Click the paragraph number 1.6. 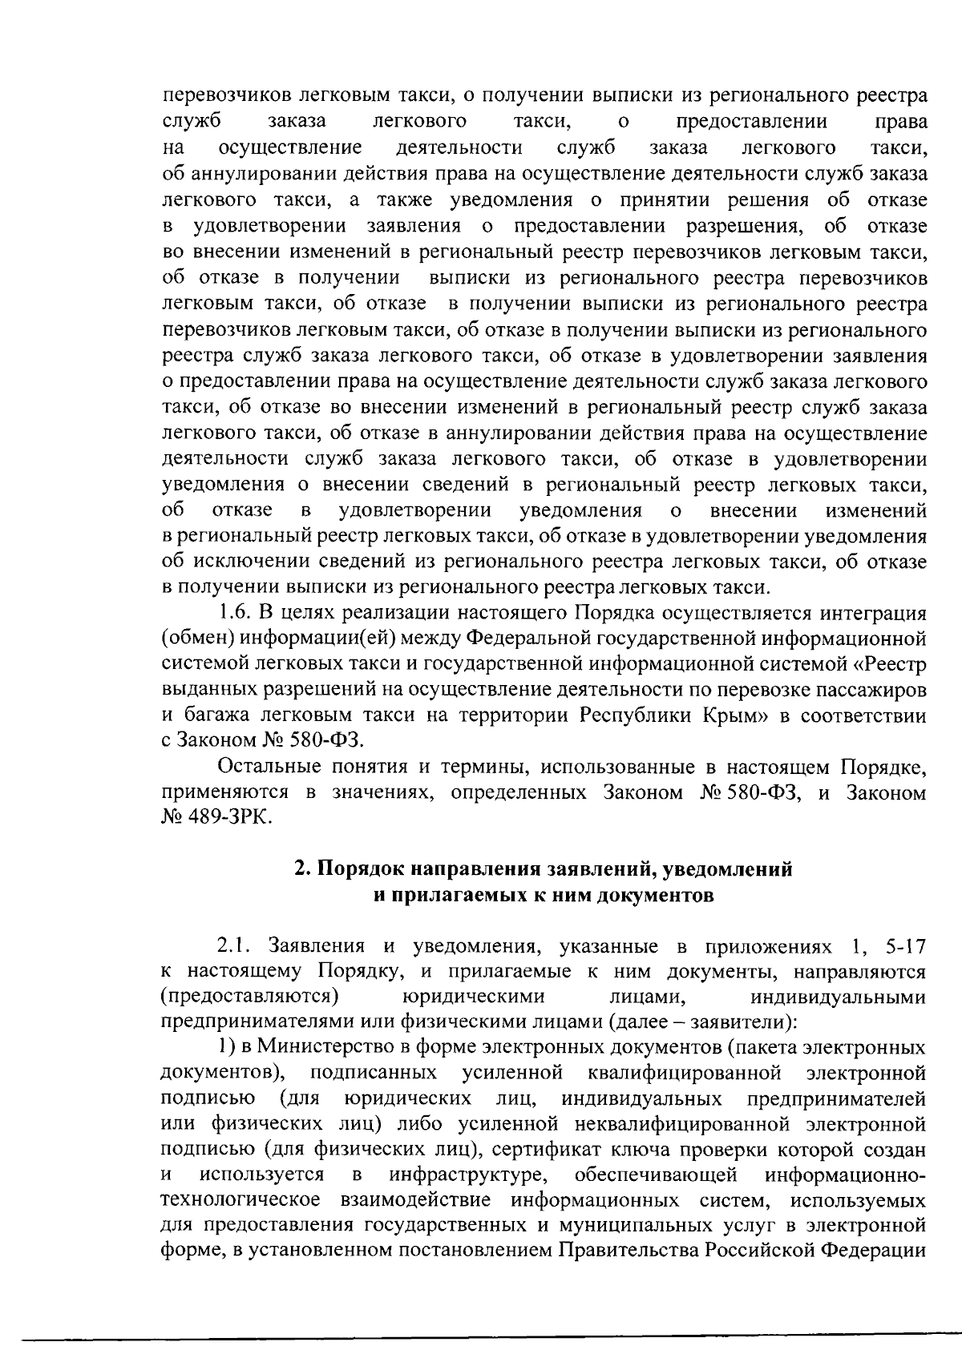[234, 614]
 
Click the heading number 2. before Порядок [302, 869]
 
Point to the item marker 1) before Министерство [227, 1049]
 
